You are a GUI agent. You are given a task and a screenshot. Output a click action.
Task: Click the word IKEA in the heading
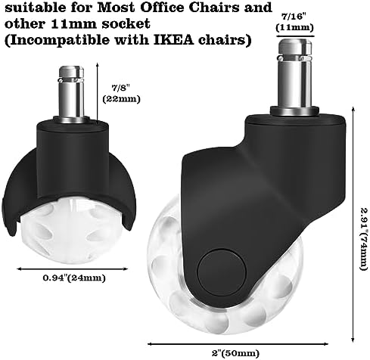point(173,40)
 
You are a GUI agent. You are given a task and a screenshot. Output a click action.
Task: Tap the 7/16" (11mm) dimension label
point(294,22)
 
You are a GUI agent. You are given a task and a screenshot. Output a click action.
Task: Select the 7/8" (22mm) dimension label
point(121,94)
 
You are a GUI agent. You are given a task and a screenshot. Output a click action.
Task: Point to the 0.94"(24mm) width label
point(73,278)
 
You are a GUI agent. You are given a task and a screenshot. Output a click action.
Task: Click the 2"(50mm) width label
point(235,352)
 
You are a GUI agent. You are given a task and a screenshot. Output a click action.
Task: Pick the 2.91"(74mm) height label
point(363,238)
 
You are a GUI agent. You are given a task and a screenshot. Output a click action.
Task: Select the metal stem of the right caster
point(295,74)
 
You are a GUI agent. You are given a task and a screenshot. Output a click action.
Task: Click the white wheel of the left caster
point(71,233)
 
